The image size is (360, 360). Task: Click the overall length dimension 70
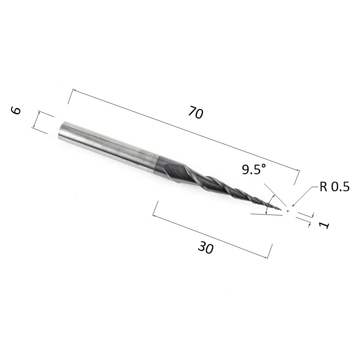[196, 112]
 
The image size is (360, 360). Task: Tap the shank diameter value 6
[16, 110]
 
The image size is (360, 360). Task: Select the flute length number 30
[205, 248]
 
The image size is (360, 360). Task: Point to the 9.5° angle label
[254, 169]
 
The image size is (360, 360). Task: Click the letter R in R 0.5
[323, 187]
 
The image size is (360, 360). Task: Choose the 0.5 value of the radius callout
[340, 187]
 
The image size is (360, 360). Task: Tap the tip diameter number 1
[324, 225]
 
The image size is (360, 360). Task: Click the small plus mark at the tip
[288, 211]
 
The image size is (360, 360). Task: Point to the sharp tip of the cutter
[281, 209]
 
